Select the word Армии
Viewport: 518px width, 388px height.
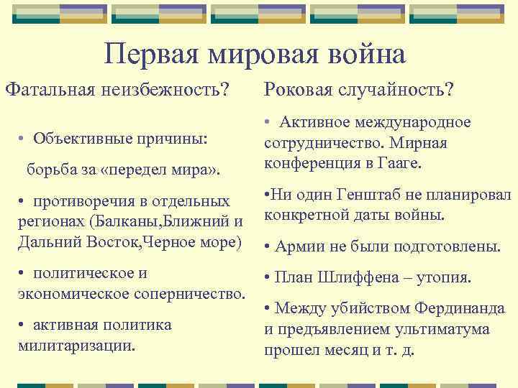(x=298, y=246)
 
